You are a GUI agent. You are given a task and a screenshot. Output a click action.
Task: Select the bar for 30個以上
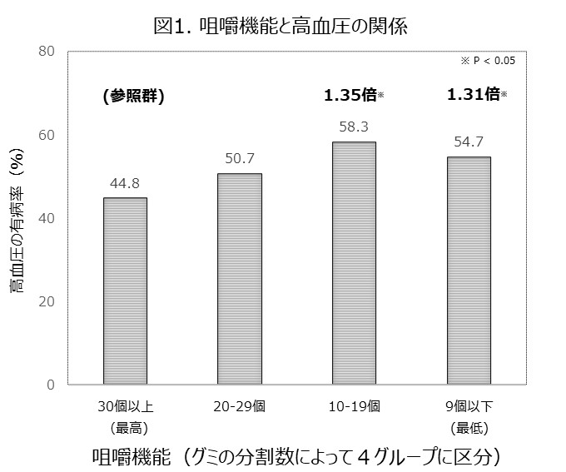point(125,291)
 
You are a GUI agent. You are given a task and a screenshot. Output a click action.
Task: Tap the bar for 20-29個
point(240,279)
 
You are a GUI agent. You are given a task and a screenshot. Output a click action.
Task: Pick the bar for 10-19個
point(354,263)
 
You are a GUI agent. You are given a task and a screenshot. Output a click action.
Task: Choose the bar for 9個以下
point(469,271)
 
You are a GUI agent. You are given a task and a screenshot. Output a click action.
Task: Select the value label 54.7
point(469,142)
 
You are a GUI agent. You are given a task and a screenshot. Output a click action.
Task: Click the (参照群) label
point(133,96)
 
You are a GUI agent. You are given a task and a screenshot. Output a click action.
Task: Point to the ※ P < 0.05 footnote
point(488,61)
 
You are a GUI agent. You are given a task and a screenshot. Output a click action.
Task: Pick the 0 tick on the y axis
point(50,385)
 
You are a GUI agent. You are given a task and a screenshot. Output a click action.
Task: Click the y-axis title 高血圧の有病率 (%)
point(17,225)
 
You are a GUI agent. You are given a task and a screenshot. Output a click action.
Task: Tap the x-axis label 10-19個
point(354,407)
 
